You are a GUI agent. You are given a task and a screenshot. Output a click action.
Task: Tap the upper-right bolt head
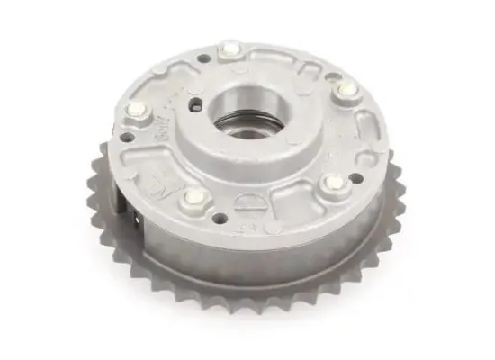[345, 89]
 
